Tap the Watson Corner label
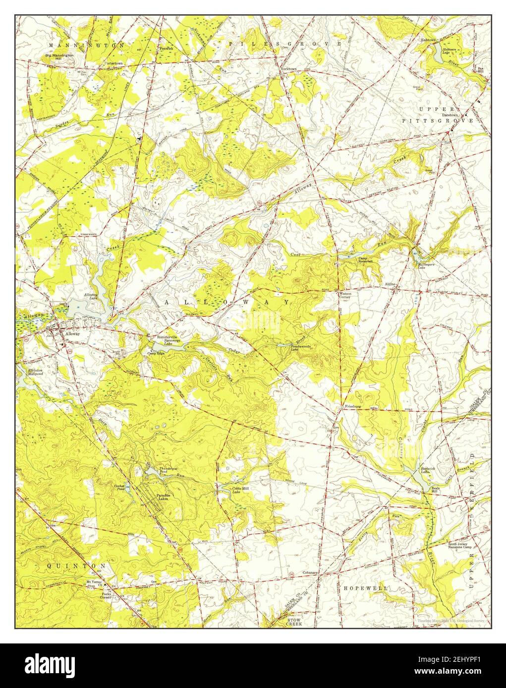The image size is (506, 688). [x=344, y=295]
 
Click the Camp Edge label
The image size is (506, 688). [x=155, y=353]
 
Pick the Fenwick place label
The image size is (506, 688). [x=166, y=49]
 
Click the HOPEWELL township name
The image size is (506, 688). [x=365, y=588]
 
